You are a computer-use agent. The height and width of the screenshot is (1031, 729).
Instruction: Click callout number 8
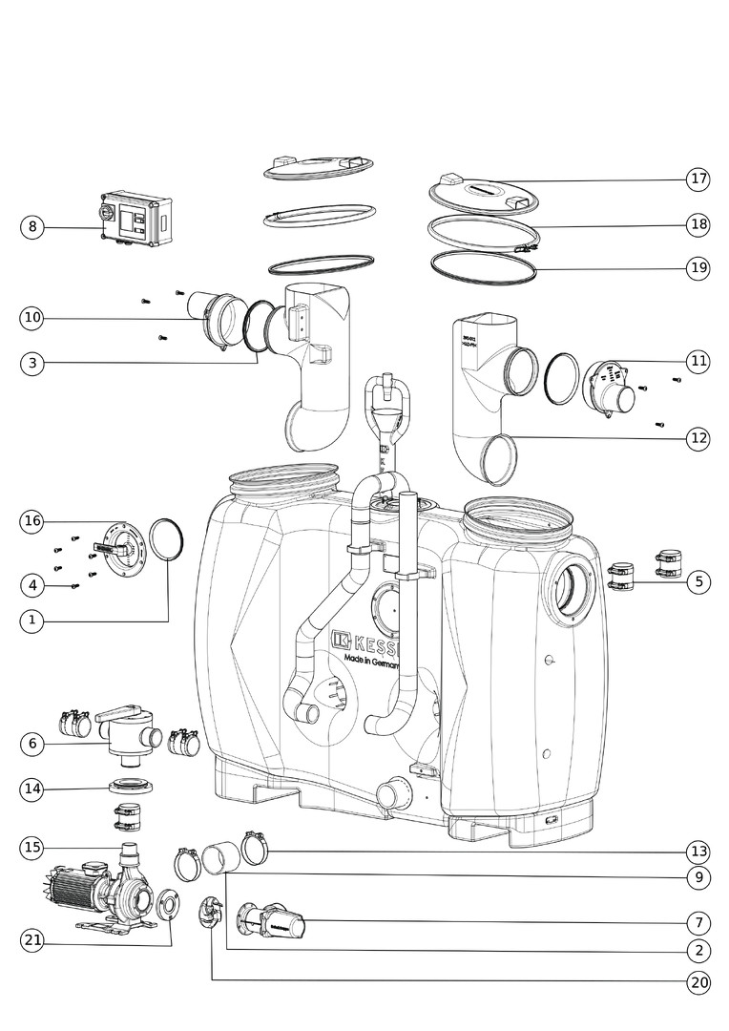tap(32, 226)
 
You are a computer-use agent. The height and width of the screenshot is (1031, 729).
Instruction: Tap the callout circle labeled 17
tap(698, 179)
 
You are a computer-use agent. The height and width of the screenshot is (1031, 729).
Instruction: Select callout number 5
tap(698, 580)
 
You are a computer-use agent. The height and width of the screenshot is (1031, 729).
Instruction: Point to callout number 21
tap(32, 940)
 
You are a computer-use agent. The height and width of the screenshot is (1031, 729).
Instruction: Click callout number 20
tap(698, 981)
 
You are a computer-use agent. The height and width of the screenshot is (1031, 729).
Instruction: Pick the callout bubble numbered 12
tap(698, 438)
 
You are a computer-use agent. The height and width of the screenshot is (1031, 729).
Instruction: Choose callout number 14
tap(32, 789)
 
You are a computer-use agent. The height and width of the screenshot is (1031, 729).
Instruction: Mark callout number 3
tap(32, 363)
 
